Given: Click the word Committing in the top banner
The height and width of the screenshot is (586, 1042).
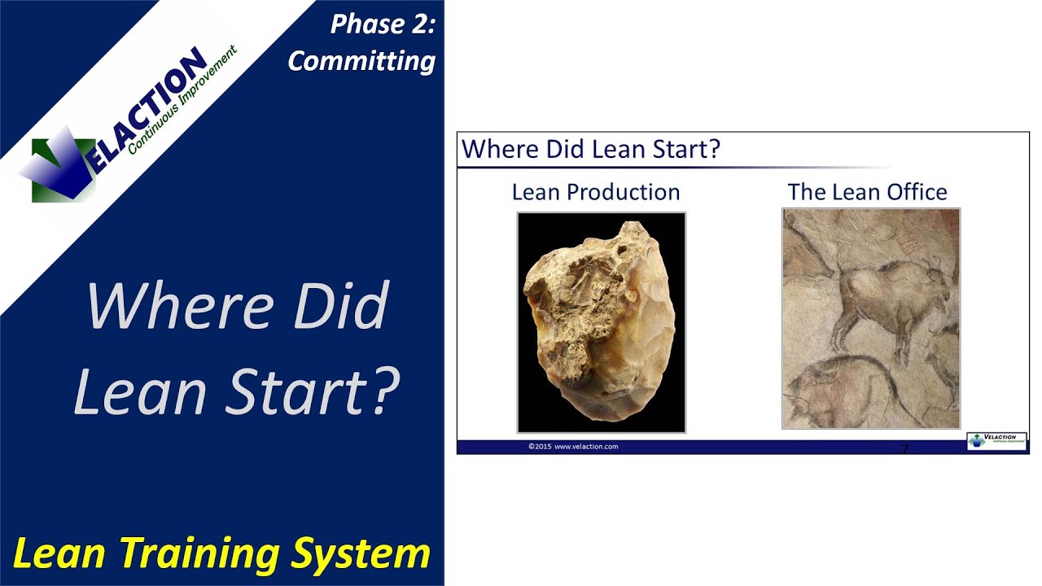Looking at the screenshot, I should (361, 60).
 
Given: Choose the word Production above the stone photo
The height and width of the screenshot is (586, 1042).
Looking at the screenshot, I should (624, 192).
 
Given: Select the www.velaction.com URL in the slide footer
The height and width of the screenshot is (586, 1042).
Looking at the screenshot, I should (586, 447).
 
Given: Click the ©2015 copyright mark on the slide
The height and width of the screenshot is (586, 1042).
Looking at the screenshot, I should (541, 447).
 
